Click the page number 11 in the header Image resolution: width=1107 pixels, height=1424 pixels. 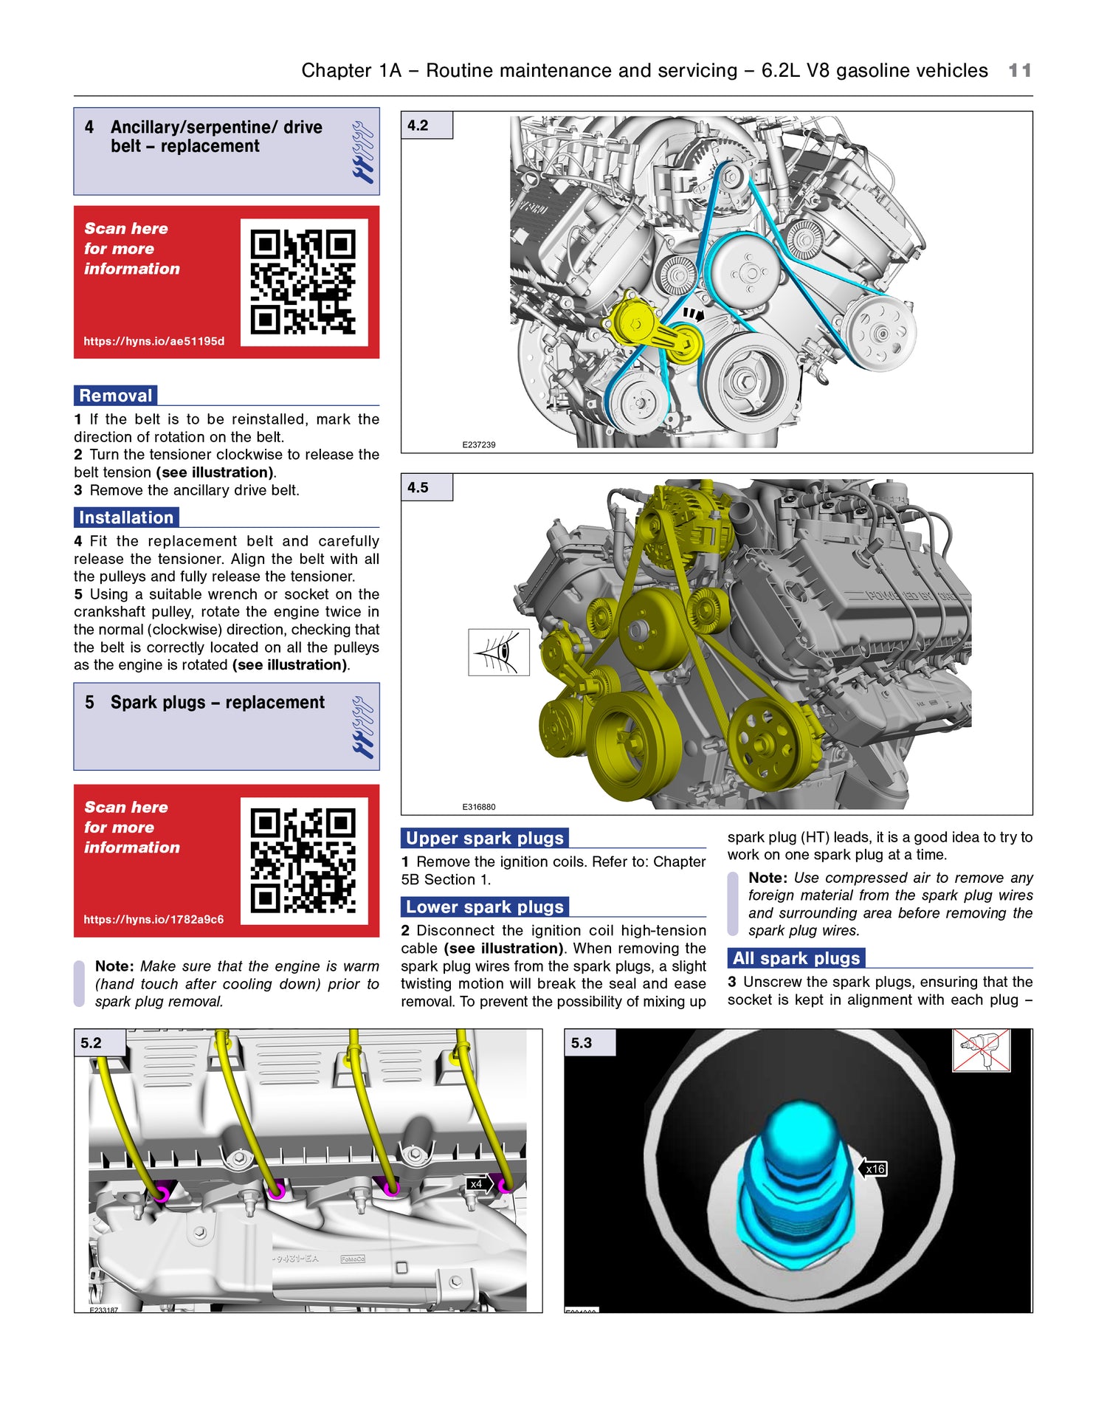coord(1019,71)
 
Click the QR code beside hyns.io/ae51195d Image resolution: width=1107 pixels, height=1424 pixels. coord(303,282)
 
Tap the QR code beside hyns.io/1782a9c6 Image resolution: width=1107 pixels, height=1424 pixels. coord(303,861)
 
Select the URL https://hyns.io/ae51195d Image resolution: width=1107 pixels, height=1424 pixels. coord(154,341)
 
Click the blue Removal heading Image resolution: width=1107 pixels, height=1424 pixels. coord(116,396)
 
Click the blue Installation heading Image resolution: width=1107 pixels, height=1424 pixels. coord(126,517)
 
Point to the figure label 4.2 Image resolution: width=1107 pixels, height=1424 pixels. coord(418,125)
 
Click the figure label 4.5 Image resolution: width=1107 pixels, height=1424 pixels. coord(418,488)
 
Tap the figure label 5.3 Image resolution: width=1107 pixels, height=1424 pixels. coord(582,1043)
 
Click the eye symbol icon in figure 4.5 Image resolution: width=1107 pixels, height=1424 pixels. coord(499,652)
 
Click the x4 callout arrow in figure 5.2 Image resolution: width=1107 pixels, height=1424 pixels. coord(478,1184)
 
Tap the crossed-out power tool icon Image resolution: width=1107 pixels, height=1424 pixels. coord(981,1050)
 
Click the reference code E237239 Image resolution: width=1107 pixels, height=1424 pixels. coord(479,445)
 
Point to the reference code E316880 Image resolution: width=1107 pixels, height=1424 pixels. coord(479,807)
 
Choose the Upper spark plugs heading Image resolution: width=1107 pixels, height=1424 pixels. coord(485,839)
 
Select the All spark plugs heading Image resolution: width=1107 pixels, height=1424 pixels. coord(796,958)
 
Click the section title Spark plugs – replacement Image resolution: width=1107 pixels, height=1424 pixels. coord(217,703)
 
